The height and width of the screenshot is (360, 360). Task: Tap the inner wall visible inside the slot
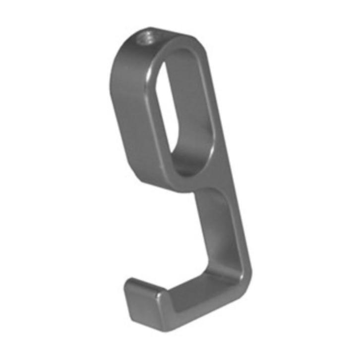point(196,114)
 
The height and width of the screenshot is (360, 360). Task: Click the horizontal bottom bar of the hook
point(198,307)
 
